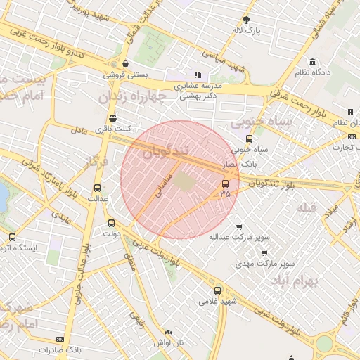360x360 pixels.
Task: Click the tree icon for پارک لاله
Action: (246, 20)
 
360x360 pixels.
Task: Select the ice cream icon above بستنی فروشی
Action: (124, 63)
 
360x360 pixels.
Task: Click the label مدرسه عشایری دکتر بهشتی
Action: (198, 91)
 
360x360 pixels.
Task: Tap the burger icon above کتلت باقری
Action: (112, 118)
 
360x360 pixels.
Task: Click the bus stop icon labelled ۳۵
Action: (225, 184)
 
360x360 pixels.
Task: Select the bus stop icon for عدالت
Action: (97, 188)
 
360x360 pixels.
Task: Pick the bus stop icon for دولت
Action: (111, 223)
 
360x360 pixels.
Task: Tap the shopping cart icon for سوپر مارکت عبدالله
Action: (239, 226)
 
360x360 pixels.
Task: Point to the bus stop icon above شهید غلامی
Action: (217, 290)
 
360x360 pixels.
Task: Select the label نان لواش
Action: (168, 342)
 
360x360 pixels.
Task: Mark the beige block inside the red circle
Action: (184, 181)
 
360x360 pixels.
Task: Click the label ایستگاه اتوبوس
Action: (14, 247)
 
